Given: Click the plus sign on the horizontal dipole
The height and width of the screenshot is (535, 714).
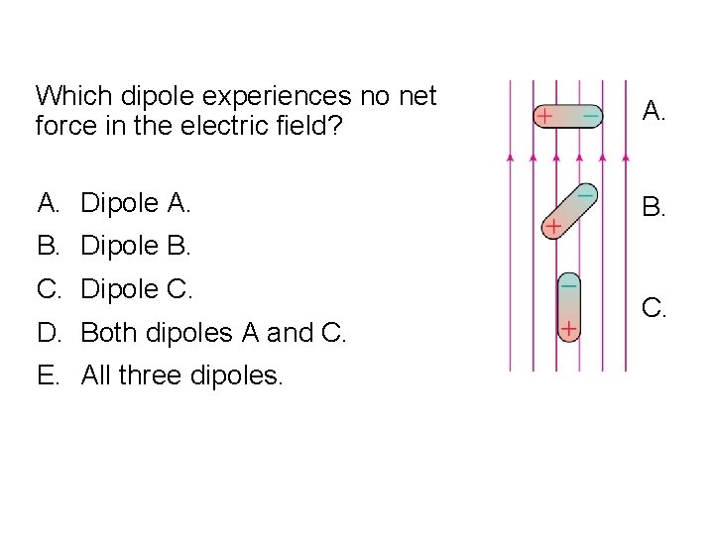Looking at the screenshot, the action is click(543, 116).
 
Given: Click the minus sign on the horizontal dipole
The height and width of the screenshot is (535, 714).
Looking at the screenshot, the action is click(590, 116).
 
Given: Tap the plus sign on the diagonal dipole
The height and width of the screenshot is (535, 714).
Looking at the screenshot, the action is click(552, 228).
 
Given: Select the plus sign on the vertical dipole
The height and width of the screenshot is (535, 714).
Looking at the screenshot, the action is click(568, 327).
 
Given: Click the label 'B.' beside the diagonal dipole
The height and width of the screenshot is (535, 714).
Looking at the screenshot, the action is click(654, 207).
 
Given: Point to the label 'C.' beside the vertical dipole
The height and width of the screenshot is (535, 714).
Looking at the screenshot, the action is click(654, 309).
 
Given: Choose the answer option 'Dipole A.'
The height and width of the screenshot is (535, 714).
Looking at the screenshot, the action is click(135, 203).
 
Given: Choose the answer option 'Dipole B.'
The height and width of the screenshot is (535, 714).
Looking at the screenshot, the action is click(135, 246).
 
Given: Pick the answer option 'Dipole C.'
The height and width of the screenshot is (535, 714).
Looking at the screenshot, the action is click(136, 289).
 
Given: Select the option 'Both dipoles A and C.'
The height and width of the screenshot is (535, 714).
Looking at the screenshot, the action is click(213, 333).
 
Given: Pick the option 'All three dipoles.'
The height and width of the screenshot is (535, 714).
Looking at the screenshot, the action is click(181, 375).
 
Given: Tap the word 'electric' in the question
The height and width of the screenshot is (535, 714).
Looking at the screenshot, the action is click(280, 127).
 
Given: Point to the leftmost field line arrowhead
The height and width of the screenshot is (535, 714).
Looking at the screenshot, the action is click(511, 157).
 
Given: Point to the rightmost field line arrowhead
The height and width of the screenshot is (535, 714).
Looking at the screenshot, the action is click(627, 157).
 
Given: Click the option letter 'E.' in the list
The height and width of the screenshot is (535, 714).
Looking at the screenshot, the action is click(49, 375).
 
